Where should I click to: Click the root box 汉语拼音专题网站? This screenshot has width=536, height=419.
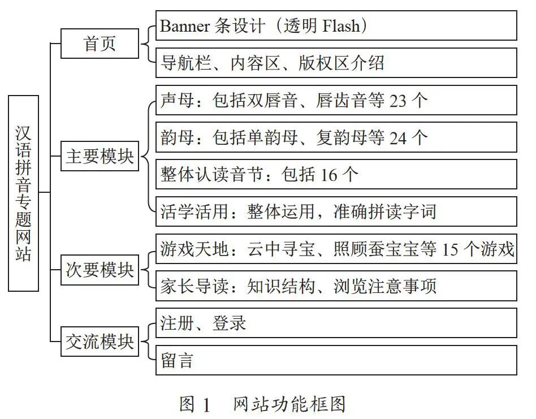(x=23, y=193)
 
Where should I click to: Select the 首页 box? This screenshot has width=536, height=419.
(x=100, y=44)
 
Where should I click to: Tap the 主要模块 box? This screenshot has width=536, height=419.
(x=100, y=156)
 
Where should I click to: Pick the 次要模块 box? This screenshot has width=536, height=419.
(x=100, y=270)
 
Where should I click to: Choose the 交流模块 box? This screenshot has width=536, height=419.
(x=100, y=341)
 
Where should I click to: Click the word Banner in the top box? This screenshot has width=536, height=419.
(x=184, y=26)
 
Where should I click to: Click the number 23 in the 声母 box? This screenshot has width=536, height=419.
(x=398, y=101)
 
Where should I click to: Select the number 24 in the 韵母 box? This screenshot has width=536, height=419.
(x=398, y=138)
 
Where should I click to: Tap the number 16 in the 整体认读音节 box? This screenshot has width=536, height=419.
(x=328, y=175)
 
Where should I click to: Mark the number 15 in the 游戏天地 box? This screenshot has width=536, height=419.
(x=450, y=249)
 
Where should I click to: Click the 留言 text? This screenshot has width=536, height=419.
(x=177, y=361)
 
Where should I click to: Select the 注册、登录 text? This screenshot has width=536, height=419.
(x=203, y=323)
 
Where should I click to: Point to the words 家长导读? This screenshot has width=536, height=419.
(x=194, y=286)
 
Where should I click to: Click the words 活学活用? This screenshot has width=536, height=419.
(x=194, y=211)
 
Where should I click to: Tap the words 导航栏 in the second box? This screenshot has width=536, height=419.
(x=186, y=63)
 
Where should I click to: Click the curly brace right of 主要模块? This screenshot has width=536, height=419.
(x=148, y=156)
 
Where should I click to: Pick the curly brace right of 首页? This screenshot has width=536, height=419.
(x=148, y=44)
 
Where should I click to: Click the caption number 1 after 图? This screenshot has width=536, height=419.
(x=206, y=405)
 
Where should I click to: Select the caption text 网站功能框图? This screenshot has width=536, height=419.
(x=289, y=405)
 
